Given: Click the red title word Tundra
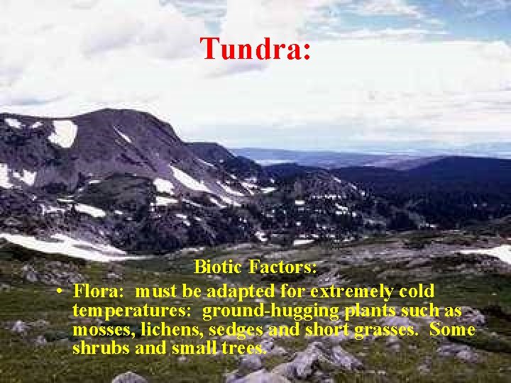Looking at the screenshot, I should click(x=255, y=49).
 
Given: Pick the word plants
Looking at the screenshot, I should click(x=373, y=311).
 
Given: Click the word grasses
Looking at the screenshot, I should click(x=390, y=331).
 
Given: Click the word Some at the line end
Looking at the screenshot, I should click(x=453, y=331).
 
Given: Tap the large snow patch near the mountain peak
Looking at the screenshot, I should click(x=63, y=133).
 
